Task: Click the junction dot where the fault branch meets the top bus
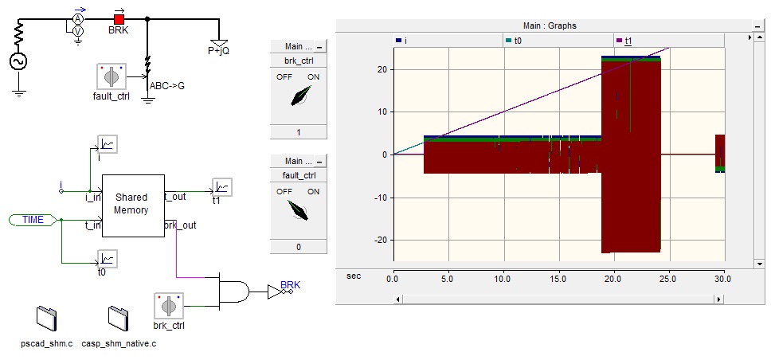pyautogui.click(x=147, y=18)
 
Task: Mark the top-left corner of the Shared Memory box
pyautogui.click(x=102, y=174)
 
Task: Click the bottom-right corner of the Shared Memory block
pyautogui.click(x=164, y=237)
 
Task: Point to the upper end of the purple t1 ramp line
pyautogui.click(x=669, y=48)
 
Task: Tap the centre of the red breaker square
pyautogui.click(x=119, y=19)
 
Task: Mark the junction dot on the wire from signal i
pyautogui.click(x=89, y=191)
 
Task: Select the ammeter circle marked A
pyautogui.click(x=78, y=18)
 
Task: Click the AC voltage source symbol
pyautogui.click(x=18, y=61)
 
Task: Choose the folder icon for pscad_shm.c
pyautogui.click(x=47, y=318)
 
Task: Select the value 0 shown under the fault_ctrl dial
pyautogui.click(x=299, y=247)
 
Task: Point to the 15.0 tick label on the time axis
pyautogui.click(x=558, y=279)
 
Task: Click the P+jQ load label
pyautogui.click(x=218, y=51)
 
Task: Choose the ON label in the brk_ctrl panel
pyautogui.click(x=313, y=76)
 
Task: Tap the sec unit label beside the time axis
pyautogui.click(x=354, y=276)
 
